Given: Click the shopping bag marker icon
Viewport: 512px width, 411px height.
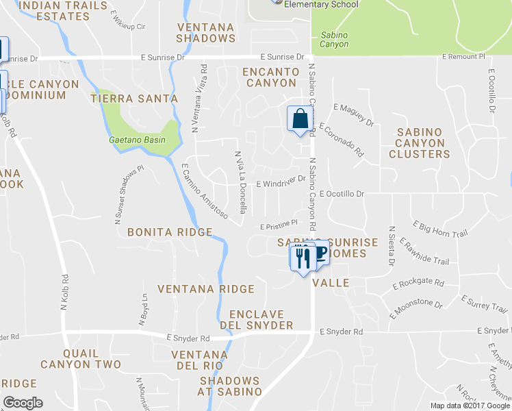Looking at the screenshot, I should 300,119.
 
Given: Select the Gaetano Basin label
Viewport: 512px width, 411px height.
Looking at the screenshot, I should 137,140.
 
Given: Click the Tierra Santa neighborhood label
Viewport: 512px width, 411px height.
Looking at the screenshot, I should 134,99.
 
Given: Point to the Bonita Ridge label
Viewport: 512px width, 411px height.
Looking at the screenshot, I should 170,232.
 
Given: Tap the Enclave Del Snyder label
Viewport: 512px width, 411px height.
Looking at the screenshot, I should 257,319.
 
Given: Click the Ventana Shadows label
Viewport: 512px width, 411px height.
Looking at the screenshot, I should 205,33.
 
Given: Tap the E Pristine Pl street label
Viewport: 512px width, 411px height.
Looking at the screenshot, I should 278,223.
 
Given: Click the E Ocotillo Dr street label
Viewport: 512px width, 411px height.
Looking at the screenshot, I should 342,194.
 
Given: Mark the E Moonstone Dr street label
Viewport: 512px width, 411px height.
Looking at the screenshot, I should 421,302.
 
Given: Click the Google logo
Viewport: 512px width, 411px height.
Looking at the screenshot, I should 23,403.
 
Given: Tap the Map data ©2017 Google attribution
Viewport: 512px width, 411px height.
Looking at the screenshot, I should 470,406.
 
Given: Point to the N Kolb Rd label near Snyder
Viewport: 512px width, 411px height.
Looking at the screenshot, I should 65,293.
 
